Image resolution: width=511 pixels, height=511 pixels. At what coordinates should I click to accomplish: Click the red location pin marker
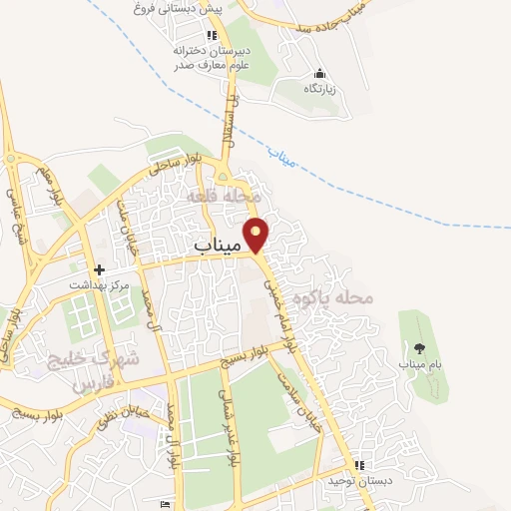[x=257, y=234]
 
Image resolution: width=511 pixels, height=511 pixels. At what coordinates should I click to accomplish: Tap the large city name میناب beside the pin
[x=216, y=244]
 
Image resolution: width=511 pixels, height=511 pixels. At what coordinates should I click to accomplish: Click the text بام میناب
[x=419, y=364]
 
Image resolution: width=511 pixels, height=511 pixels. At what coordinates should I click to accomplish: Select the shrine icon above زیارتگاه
[x=319, y=73]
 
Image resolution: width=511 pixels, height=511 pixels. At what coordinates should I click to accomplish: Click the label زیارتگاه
[x=320, y=89]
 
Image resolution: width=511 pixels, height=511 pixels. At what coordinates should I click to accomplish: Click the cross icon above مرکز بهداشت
[x=99, y=269]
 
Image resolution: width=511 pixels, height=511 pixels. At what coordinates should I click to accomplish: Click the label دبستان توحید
[x=360, y=481]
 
